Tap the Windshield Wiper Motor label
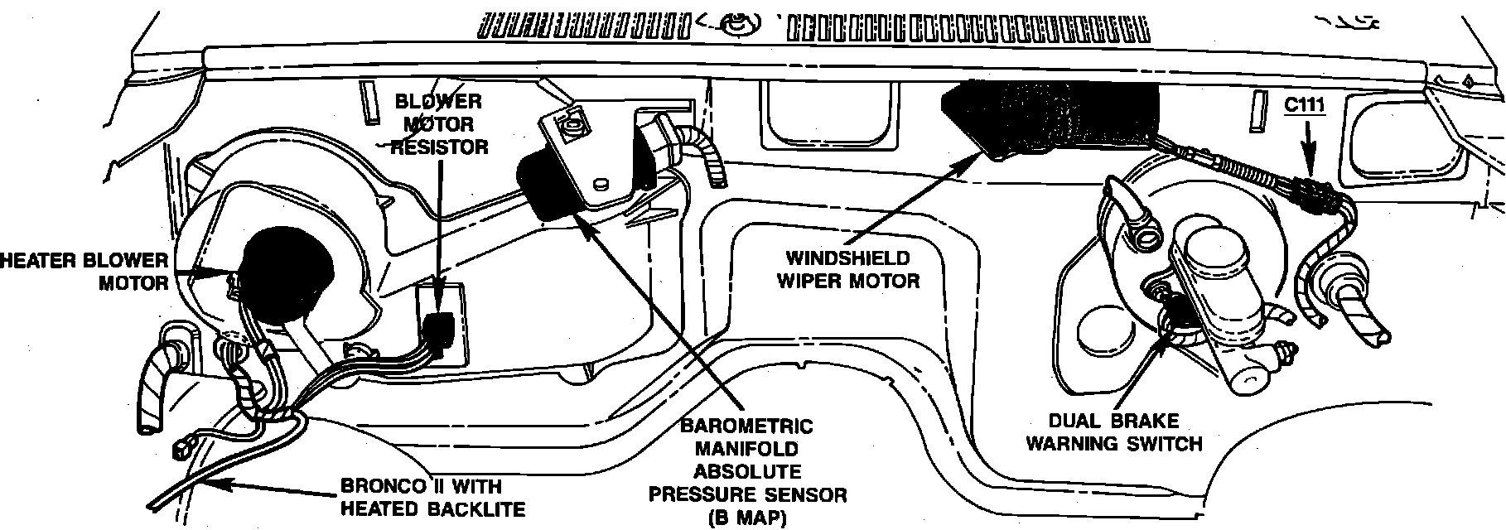847,269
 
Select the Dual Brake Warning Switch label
1113,431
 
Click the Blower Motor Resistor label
438,124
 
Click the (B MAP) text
747,518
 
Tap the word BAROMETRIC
746,426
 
